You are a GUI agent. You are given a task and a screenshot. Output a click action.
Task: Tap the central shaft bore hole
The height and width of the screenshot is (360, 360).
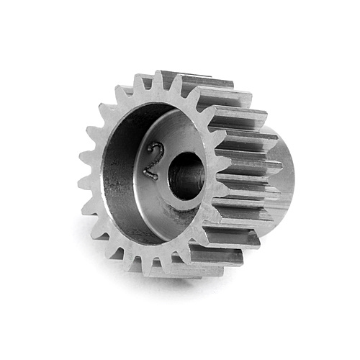click(x=186, y=176)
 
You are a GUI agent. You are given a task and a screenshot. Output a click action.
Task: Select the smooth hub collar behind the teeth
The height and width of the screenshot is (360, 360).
click(x=284, y=168)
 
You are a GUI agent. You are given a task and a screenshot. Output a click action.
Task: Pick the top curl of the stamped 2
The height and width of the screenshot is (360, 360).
click(x=155, y=148)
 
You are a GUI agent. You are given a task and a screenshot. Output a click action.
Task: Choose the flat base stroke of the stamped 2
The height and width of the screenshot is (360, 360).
click(x=150, y=175)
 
